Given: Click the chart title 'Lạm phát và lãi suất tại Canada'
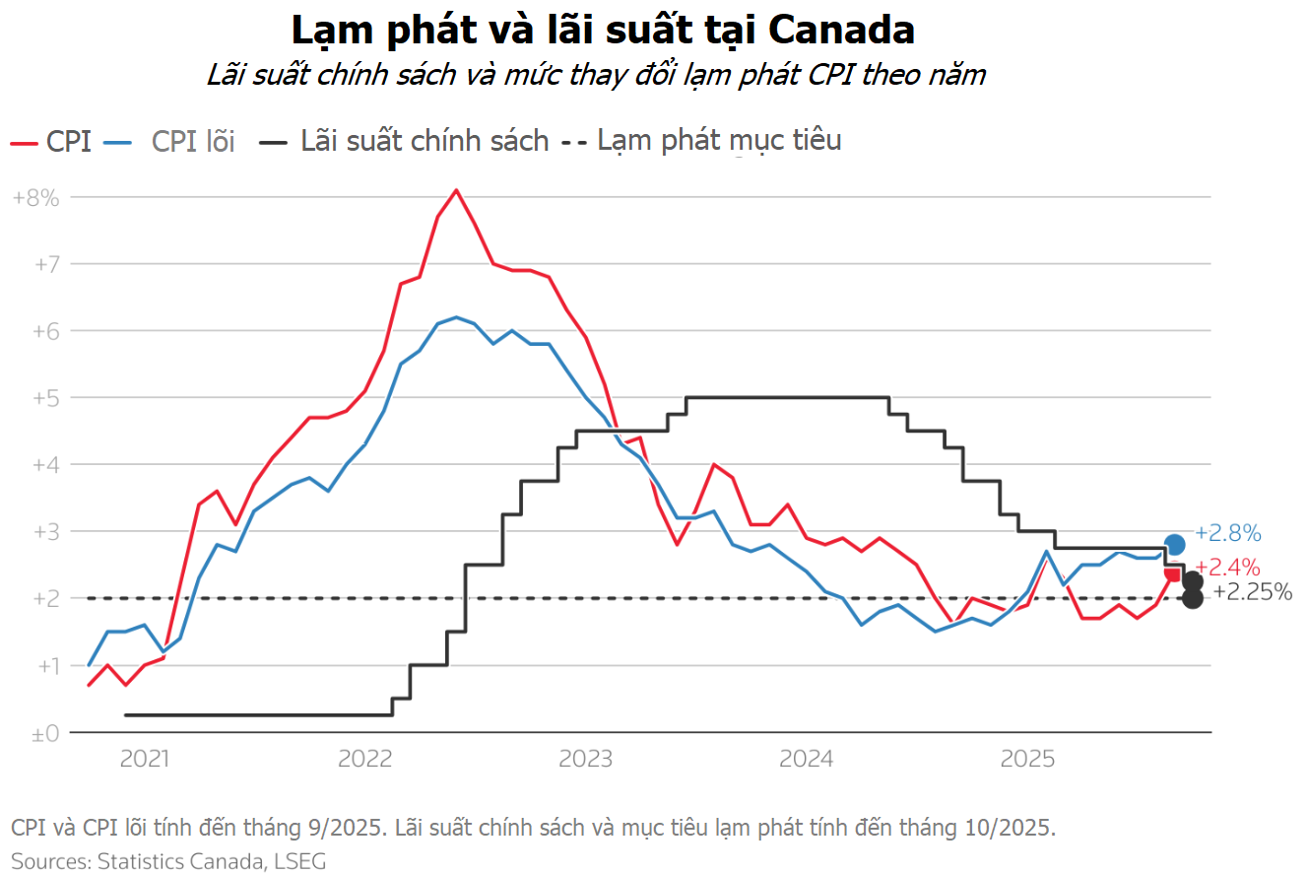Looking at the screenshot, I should pos(603,30).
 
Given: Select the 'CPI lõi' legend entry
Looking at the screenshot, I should pos(192,142).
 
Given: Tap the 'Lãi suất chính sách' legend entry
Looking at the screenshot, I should pos(425,141).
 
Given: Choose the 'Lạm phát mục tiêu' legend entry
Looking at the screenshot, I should pos(719,140).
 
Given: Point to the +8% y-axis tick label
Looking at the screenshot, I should pos(35,197).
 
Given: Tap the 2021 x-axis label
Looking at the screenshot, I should pos(144,759).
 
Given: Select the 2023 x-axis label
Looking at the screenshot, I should pos(586,759).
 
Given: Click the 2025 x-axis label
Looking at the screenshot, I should pos(1027,759).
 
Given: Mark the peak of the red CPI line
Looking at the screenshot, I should pos(456,190).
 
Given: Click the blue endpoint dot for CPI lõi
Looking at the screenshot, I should pos(1174,544).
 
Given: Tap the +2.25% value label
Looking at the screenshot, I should pos(1252,591).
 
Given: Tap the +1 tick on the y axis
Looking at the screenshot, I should pos(42,666).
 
